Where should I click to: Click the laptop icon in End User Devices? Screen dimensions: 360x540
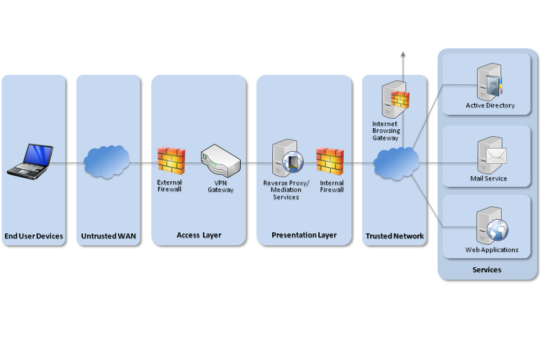pyautogui.click(x=30, y=161)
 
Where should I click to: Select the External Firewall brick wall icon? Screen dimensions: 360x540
pyautogui.click(x=171, y=160)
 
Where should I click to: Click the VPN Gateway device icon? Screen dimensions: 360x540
pyautogui.click(x=220, y=160)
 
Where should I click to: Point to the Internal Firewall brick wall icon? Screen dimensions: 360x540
pyautogui.click(x=330, y=160)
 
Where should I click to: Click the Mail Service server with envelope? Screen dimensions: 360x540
pyautogui.click(x=491, y=155)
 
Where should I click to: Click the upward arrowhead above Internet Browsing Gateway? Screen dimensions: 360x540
pyautogui.click(x=403, y=53)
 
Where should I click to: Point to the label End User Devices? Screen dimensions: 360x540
pyautogui.click(x=34, y=236)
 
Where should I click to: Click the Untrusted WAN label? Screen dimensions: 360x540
pyautogui.click(x=109, y=236)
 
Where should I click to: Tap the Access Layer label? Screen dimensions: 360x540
pyautogui.click(x=199, y=235)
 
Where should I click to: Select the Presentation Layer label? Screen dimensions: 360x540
pyautogui.click(x=304, y=235)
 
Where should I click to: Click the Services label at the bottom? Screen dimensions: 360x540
pyautogui.click(x=487, y=270)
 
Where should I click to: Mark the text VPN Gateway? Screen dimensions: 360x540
pyautogui.click(x=220, y=186)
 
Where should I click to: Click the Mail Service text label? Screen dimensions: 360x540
pyautogui.click(x=488, y=179)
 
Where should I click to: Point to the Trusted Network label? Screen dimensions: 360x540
pyautogui.click(x=394, y=236)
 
